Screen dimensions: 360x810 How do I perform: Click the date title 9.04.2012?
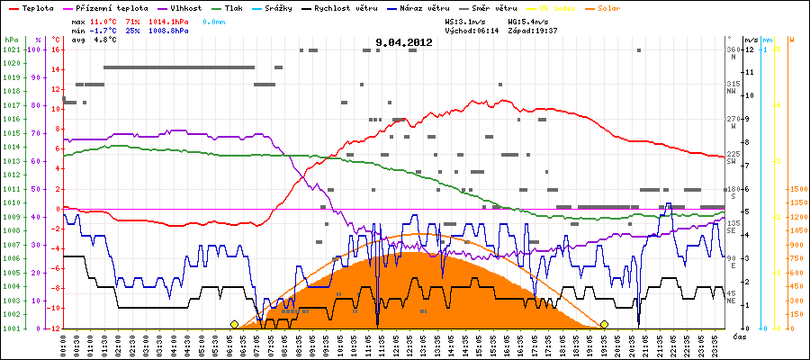tap(404, 42)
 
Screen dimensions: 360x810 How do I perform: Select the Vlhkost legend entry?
tap(186, 7)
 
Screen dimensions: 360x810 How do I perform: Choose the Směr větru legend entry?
tap(494, 7)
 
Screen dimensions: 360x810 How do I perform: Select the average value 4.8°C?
tap(106, 40)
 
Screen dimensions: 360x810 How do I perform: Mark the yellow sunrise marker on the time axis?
tap(234, 324)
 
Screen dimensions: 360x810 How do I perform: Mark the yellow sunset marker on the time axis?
tap(604, 324)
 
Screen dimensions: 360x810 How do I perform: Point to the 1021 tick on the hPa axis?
tap(11, 49)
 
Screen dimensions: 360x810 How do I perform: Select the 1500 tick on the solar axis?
tap(799, 189)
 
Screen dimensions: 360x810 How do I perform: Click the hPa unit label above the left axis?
tap(11, 40)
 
